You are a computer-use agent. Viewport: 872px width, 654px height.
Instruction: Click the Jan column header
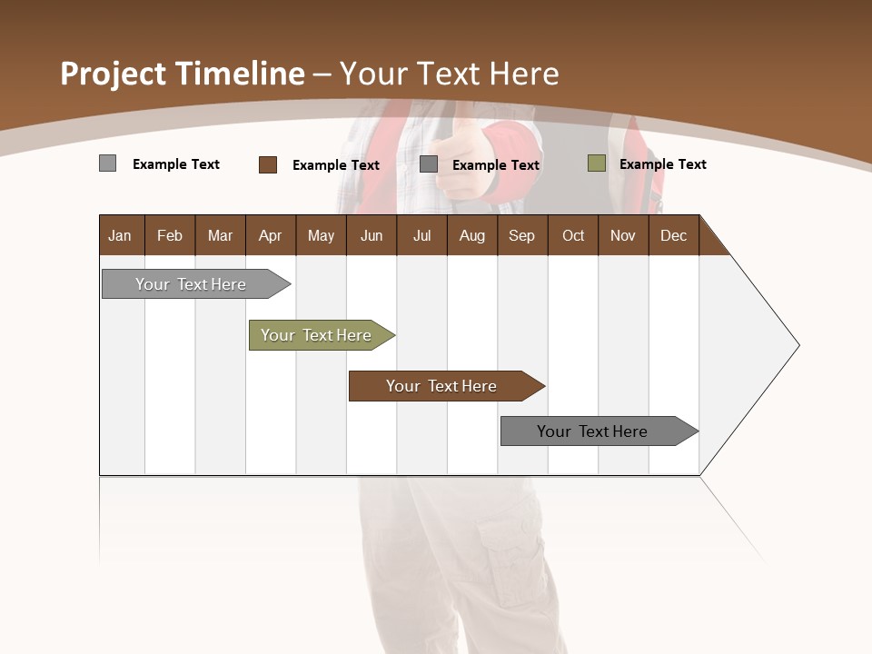click(x=120, y=235)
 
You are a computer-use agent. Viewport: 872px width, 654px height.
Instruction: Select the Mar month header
click(x=220, y=235)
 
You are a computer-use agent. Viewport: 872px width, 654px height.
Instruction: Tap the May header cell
click(x=321, y=235)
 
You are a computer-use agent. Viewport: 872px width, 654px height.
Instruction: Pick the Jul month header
click(x=421, y=235)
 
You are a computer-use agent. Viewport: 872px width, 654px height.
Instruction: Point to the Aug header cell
click(x=471, y=235)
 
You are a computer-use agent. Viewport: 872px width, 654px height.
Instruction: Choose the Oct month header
click(x=573, y=235)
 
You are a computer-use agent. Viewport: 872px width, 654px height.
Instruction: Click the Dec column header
click(x=673, y=235)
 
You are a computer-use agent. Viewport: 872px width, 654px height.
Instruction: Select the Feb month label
click(x=170, y=235)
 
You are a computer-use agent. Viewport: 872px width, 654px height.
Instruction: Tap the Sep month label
click(x=521, y=235)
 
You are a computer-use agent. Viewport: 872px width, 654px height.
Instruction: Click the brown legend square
click(x=268, y=164)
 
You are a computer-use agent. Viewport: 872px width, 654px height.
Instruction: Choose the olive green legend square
click(x=596, y=163)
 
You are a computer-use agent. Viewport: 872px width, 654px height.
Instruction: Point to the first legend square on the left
click(x=107, y=163)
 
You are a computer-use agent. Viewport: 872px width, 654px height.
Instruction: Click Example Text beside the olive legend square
click(x=662, y=164)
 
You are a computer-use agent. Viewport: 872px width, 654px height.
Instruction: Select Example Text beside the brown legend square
click(x=335, y=165)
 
